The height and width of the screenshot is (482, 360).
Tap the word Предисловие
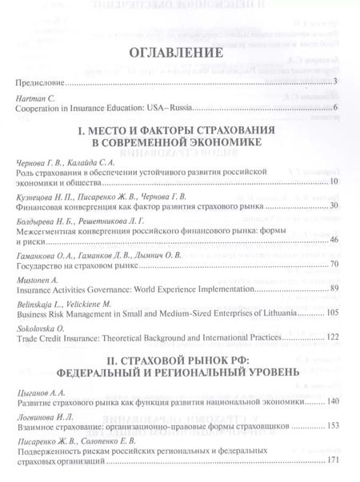point(39,82)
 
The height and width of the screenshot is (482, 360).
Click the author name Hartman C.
point(34,98)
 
